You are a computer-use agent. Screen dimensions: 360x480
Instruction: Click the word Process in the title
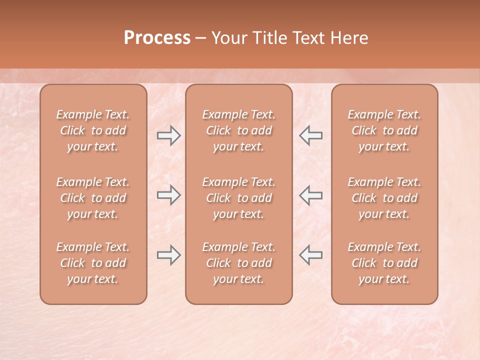[x=157, y=38]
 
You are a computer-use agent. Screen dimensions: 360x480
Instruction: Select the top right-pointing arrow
[x=168, y=135]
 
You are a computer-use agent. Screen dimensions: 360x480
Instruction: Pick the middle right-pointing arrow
[x=168, y=195]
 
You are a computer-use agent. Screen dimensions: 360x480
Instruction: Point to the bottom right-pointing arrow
[x=168, y=255]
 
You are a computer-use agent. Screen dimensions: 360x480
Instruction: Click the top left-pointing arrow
[x=311, y=135]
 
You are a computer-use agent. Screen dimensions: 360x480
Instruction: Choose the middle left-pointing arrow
[x=311, y=195]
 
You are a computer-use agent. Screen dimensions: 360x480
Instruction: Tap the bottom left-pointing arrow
[x=311, y=255]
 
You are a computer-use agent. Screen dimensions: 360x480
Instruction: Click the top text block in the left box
[x=93, y=130]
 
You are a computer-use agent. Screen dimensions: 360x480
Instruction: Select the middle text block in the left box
[x=93, y=198]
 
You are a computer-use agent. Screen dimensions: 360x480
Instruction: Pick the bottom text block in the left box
[x=93, y=263]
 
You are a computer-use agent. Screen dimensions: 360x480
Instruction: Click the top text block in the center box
[x=238, y=130]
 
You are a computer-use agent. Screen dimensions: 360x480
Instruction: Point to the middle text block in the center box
[x=238, y=198]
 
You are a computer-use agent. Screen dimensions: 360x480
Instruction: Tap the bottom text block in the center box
[x=238, y=263]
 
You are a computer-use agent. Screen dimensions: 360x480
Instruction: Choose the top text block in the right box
[x=384, y=130]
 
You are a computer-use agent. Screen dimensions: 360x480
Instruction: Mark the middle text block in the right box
[x=384, y=198]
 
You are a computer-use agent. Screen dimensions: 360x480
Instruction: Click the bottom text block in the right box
[x=384, y=263]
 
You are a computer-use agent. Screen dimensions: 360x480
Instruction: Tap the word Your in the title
[x=228, y=38]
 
